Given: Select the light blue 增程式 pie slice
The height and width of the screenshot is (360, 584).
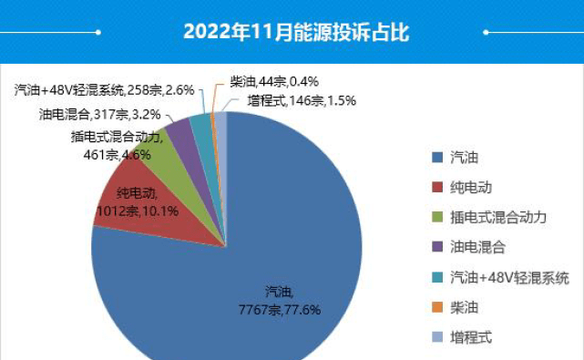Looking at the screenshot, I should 220,123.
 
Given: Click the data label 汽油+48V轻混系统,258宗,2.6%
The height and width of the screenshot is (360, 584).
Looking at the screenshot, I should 105,90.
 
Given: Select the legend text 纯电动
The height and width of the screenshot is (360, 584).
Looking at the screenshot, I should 471,187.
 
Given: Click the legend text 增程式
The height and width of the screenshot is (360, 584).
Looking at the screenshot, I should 471,336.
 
